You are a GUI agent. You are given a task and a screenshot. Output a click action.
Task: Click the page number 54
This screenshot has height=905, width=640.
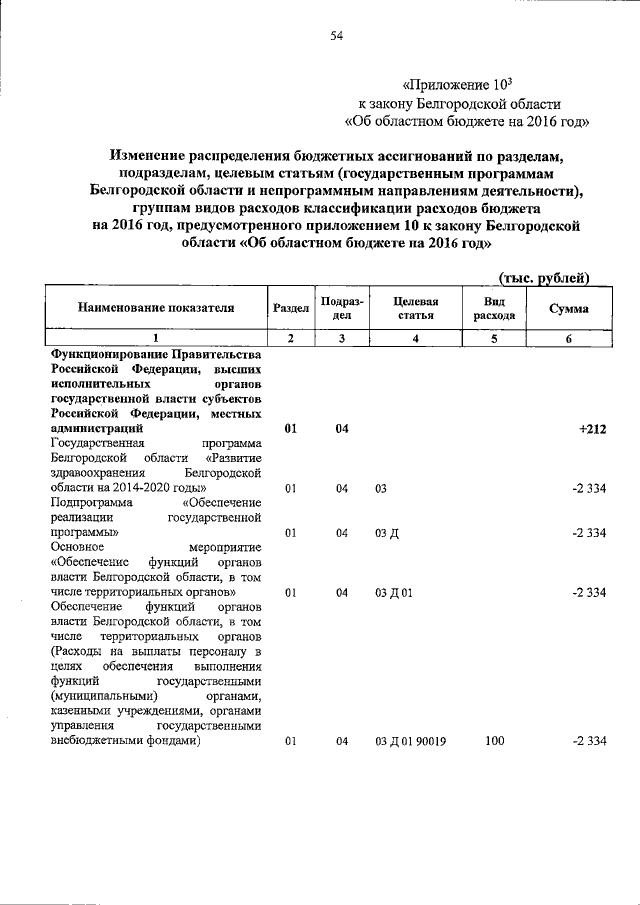[337, 37]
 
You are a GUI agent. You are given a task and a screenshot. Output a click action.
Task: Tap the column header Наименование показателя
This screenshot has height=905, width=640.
[156, 309]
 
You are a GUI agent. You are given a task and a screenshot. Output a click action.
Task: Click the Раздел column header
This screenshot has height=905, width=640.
[290, 309]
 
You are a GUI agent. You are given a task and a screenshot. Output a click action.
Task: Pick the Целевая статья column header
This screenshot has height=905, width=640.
[417, 309]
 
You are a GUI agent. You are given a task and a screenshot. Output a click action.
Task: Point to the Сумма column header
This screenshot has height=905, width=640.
[569, 309]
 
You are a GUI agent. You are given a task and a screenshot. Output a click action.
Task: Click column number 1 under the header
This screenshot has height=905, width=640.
[156, 339]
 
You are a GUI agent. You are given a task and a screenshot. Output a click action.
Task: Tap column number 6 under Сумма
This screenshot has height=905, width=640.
[569, 339]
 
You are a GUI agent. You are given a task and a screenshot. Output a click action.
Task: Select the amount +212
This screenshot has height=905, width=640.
[591, 429]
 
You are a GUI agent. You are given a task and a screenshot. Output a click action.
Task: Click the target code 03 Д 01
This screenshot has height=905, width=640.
[394, 592]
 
